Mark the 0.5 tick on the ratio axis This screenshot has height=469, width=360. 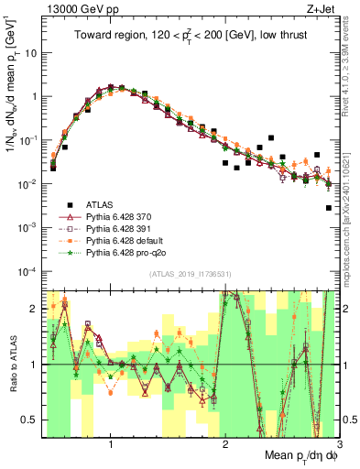click(x=31, y=420)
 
